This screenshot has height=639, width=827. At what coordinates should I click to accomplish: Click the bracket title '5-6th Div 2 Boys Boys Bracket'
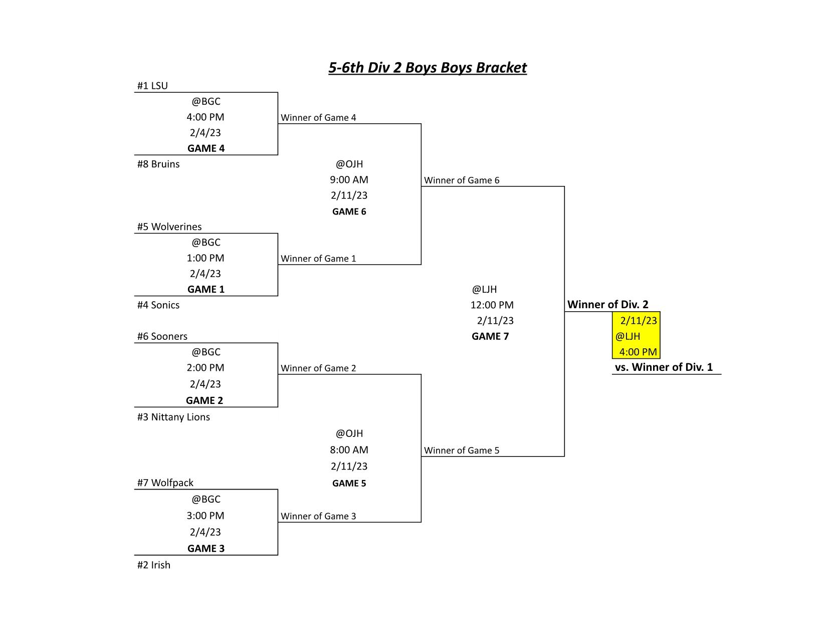point(427,68)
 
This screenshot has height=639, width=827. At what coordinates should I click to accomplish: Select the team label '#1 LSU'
point(152,86)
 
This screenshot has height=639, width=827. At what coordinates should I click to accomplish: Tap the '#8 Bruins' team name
point(158,164)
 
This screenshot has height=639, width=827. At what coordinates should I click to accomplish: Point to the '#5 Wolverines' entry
point(169,227)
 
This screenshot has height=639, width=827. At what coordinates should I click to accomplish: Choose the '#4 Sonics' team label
point(158,305)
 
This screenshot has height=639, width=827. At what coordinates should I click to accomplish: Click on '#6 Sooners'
point(162,336)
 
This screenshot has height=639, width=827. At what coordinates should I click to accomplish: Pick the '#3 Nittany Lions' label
point(173,417)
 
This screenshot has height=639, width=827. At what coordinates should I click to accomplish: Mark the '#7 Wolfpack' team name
point(165,483)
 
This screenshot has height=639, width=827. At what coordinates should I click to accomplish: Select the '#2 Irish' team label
point(154,565)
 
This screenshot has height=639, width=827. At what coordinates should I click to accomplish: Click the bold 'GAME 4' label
point(206,148)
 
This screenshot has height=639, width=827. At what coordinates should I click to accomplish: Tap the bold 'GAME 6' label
point(349,211)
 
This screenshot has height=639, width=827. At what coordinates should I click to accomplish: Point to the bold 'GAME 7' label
point(490,336)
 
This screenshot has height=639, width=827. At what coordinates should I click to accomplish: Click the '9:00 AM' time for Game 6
point(349,179)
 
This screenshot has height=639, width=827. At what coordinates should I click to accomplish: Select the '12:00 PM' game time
point(492,305)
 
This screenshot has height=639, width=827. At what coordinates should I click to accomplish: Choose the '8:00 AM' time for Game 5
point(349,450)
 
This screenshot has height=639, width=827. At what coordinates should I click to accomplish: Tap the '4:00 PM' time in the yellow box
point(638,352)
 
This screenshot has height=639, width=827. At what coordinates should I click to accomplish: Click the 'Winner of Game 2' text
point(318,368)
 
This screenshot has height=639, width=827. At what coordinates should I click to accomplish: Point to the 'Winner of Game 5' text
point(462,450)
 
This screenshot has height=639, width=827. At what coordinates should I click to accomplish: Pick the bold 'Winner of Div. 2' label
point(608,305)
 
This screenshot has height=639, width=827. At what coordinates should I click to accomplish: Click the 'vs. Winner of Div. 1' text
point(664,367)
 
